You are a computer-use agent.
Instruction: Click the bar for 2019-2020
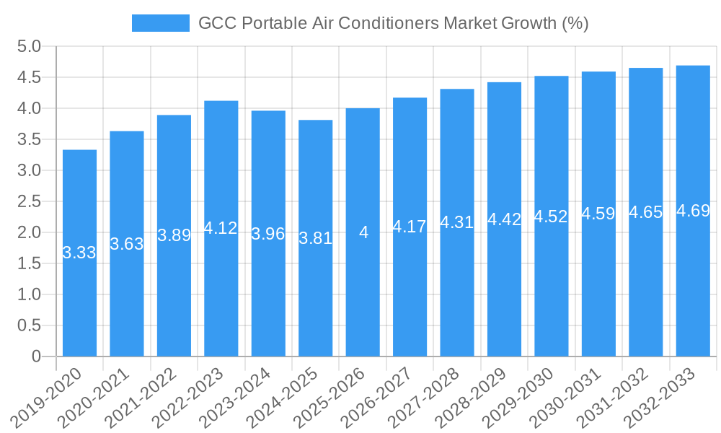pos(79,253)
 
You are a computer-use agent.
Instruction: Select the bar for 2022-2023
pos(221,228)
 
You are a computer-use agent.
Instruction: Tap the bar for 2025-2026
pos(363,232)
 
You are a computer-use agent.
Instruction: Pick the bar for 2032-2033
pos(693,211)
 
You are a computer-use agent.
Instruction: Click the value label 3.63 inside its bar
pos(127,244)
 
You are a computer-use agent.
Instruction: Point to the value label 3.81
pos(315,238)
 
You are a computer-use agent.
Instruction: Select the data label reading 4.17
pos(410,227)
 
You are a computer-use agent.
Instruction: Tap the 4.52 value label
pos(551,216)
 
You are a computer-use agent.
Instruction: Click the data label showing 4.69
pos(693,211)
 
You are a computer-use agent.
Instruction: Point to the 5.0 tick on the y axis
pos(29,47)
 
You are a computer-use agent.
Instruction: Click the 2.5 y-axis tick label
pos(29,202)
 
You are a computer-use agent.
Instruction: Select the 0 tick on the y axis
pos(36,357)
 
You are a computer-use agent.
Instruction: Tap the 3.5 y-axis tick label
pos(29,140)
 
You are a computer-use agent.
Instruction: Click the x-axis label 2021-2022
pos(149,396)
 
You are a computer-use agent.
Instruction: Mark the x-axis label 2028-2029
pos(479,396)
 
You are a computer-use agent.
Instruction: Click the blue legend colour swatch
pos(160,24)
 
